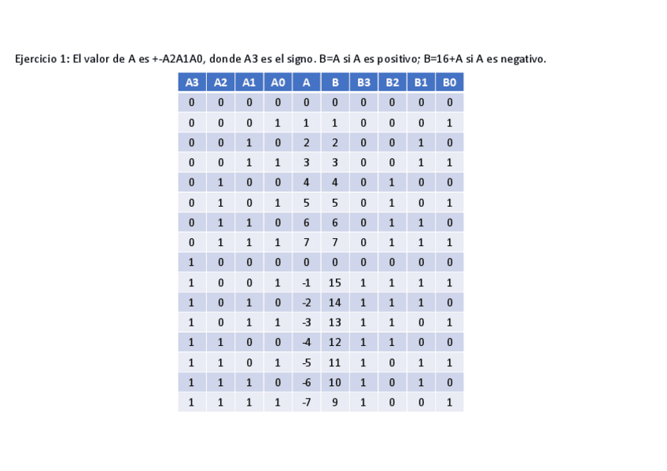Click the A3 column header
[191, 83]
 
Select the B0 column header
[449, 83]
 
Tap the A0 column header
[278, 83]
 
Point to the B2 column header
[392, 83]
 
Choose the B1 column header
[421, 83]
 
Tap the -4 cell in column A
[306, 343]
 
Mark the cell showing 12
[334, 343]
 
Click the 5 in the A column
[306, 203]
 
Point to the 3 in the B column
[334, 163]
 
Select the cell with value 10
[334, 383]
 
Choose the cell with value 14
[334, 303]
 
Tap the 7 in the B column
[334, 243]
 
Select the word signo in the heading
[297, 60]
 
